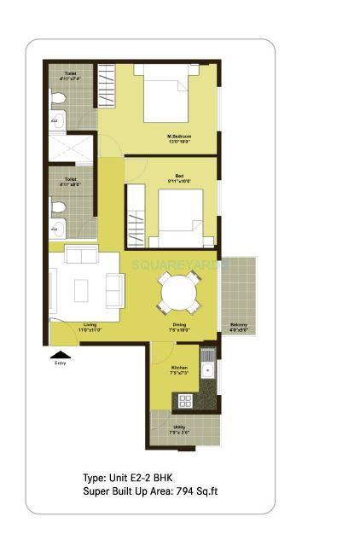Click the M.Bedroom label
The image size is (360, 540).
click(178, 138)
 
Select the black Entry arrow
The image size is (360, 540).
click(60, 354)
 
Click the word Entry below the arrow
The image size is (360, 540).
click(60, 363)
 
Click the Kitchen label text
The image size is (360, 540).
click(178, 370)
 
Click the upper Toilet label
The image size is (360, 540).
click(70, 77)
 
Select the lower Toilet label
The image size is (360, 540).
click(70, 182)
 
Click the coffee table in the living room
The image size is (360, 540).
click(82, 290)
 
